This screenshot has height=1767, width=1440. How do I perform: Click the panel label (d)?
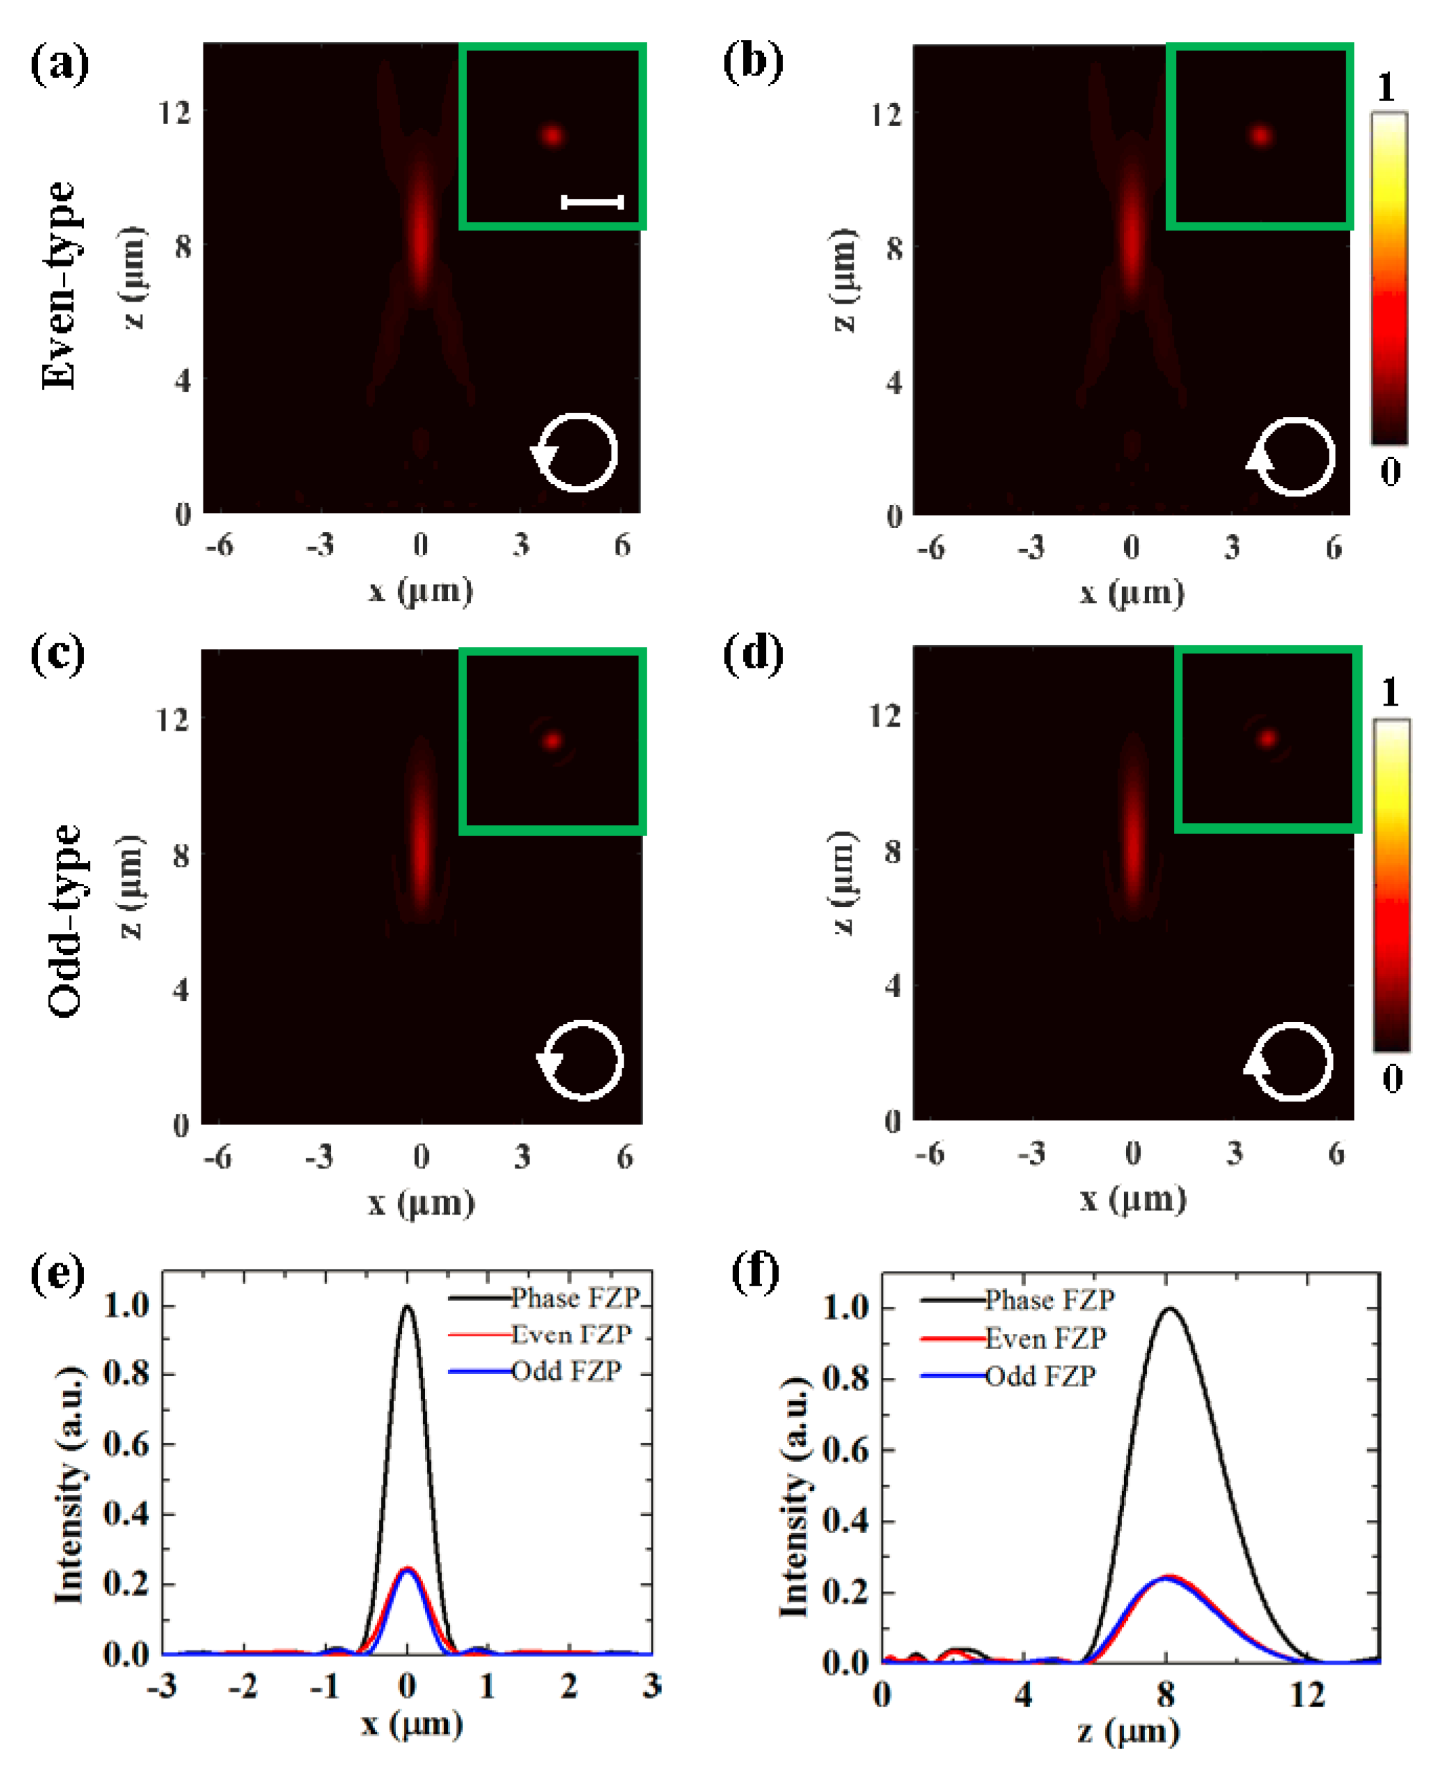(x=753, y=654)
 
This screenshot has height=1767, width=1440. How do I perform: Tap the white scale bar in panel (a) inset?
(x=593, y=201)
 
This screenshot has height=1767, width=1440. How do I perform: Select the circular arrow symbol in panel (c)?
(x=580, y=1061)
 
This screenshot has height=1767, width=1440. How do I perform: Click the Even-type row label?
(x=60, y=285)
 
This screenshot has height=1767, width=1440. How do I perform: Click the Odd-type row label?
(x=64, y=920)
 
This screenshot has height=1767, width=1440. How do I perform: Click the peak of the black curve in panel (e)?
(x=407, y=1307)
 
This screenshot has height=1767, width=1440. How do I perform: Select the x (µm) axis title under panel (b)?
(x=1132, y=593)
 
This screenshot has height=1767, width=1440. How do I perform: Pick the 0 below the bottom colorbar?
(x=1392, y=1079)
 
